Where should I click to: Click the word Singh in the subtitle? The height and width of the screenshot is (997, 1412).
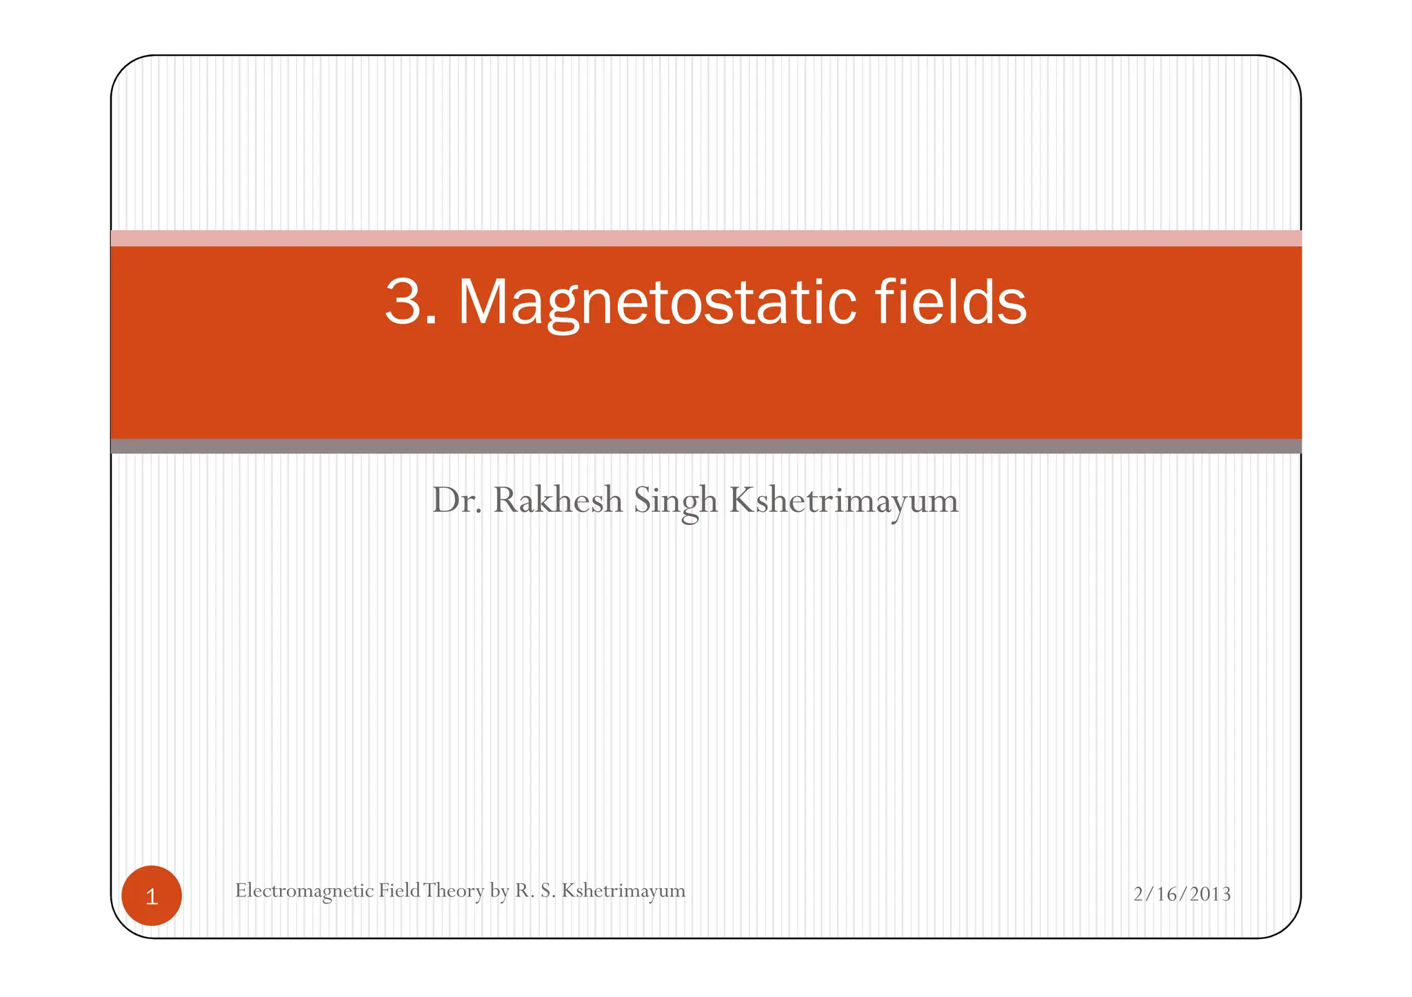pyautogui.click(x=676, y=501)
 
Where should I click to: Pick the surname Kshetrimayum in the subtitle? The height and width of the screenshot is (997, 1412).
pyautogui.click(x=843, y=501)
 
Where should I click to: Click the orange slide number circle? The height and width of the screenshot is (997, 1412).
pyautogui.click(x=152, y=895)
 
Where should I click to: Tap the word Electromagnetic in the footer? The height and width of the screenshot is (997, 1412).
pyautogui.click(x=304, y=891)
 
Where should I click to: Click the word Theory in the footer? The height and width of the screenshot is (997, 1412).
pyautogui.click(x=454, y=891)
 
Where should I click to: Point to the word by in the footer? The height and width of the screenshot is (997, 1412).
pyautogui.click(x=499, y=891)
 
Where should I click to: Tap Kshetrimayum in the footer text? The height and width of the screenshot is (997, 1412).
pyautogui.click(x=623, y=891)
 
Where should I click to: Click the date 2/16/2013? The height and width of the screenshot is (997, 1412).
pyautogui.click(x=1182, y=894)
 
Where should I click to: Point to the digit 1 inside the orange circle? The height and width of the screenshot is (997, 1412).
pyautogui.click(x=152, y=896)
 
